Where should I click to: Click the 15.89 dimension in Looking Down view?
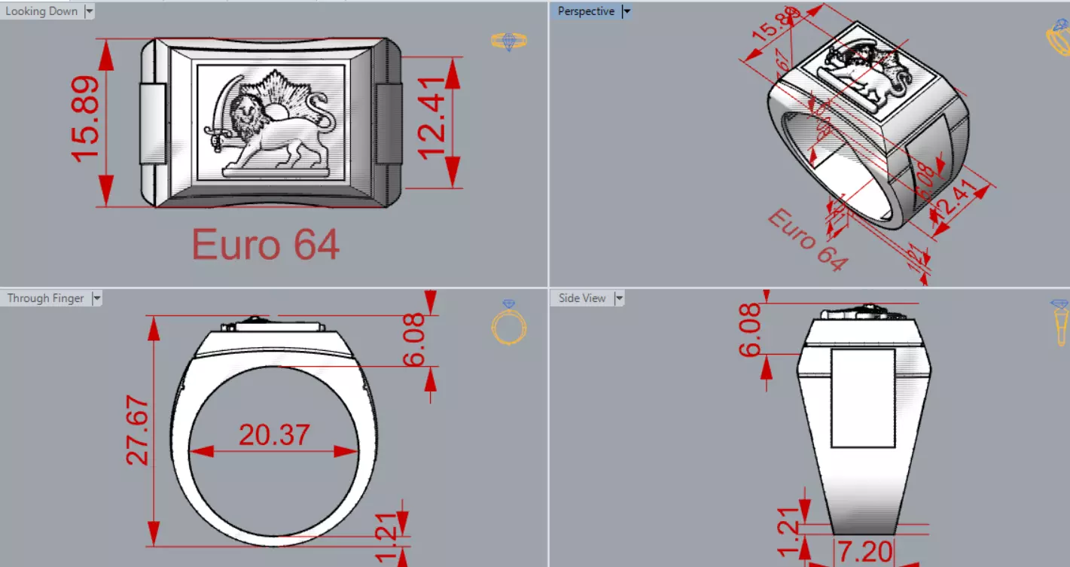pos(86,118)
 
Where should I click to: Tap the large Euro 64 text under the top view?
pos(265,245)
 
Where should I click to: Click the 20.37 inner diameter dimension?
pos(274,435)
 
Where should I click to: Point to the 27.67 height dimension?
pos(138,431)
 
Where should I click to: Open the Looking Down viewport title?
pos(41,11)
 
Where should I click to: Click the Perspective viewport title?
pos(586,11)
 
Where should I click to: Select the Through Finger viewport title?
pos(45,298)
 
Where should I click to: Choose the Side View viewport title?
pos(582,298)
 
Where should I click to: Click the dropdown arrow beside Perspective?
pos(626,11)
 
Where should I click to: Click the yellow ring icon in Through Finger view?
pos(508,324)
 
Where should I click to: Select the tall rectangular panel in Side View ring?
pos(863,397)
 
